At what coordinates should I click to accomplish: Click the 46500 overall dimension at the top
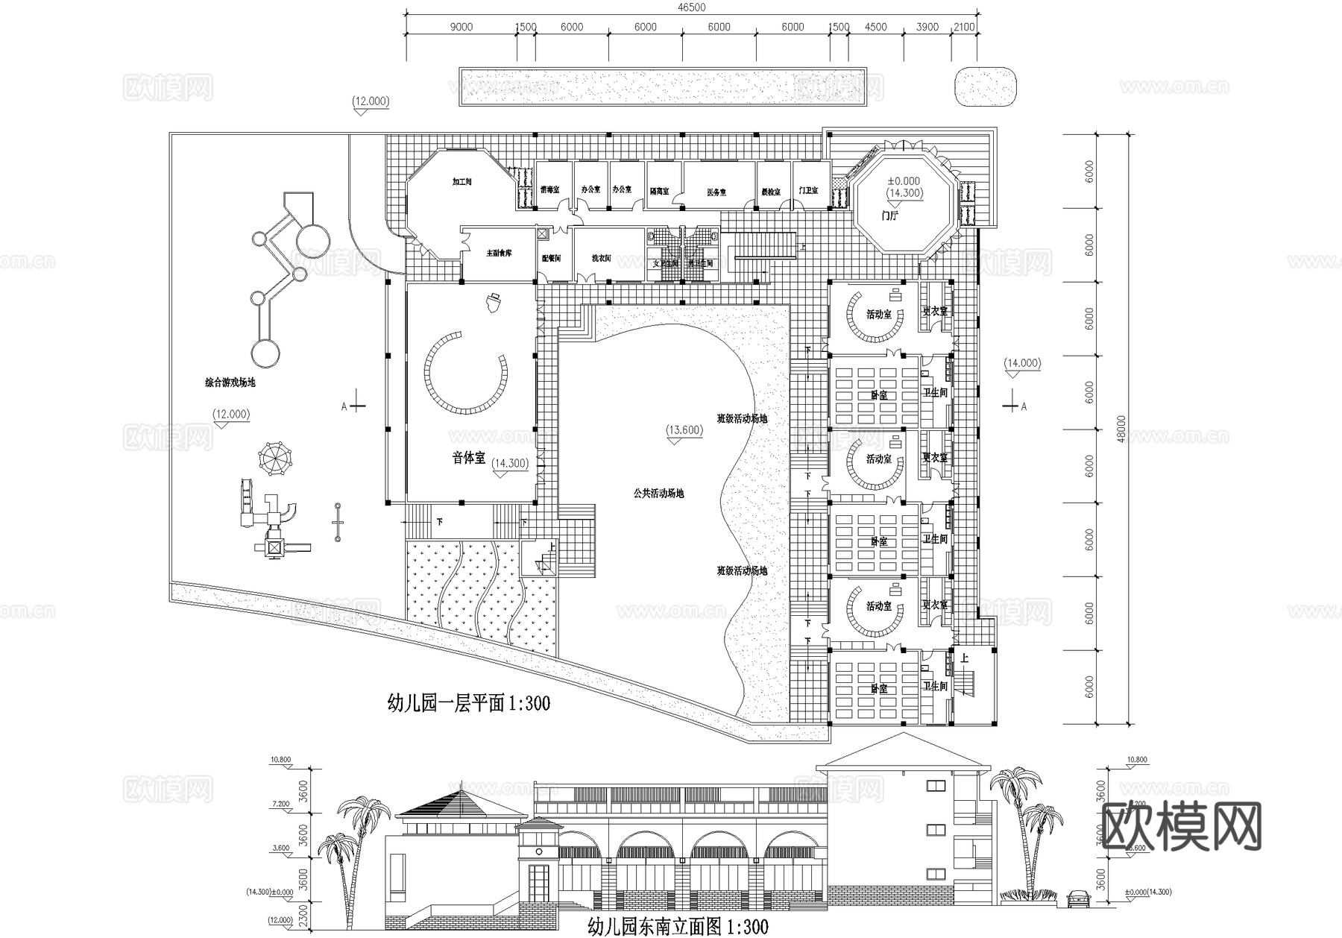point(692,7)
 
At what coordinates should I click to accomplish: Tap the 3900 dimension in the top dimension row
point(927,28)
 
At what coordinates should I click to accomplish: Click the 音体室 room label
point(468,458)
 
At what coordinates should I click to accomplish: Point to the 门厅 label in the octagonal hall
point(889,215)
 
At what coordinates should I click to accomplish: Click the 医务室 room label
point(716,192)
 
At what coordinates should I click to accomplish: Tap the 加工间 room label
point(462,181)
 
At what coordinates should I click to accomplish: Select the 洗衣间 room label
point(601,258)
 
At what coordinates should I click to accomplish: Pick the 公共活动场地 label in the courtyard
point(658,493)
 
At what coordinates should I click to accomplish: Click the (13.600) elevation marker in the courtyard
point(684,430)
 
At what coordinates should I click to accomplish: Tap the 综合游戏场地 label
point(230,383)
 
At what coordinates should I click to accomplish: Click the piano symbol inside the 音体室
point(493,302)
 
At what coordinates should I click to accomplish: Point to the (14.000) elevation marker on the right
point(1021,364)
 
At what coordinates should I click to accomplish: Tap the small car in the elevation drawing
point(1078,898)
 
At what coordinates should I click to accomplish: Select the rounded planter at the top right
point(986,87)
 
